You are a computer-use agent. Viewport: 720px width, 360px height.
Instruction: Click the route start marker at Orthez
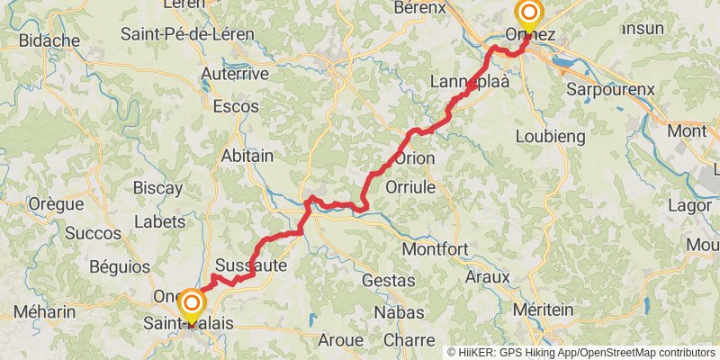528,13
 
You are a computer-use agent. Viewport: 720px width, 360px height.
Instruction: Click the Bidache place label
49,40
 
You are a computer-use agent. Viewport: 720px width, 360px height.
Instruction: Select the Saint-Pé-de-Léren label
187,34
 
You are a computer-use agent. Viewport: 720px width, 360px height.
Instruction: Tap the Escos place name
236,106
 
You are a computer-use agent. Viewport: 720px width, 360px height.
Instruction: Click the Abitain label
247,156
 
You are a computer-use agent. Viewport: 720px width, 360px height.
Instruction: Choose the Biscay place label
157,189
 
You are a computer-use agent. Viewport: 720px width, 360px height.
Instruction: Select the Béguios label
120,266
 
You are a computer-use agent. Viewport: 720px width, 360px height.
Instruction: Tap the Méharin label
45,312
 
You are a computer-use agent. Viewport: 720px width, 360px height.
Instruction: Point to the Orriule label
410,187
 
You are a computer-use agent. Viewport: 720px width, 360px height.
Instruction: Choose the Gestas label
388,281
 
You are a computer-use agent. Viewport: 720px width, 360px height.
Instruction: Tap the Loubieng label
551,137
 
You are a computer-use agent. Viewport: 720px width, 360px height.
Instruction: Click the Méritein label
543,309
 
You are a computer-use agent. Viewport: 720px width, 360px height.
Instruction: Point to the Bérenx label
420,8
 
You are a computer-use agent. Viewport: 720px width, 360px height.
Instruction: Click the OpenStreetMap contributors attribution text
645,352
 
